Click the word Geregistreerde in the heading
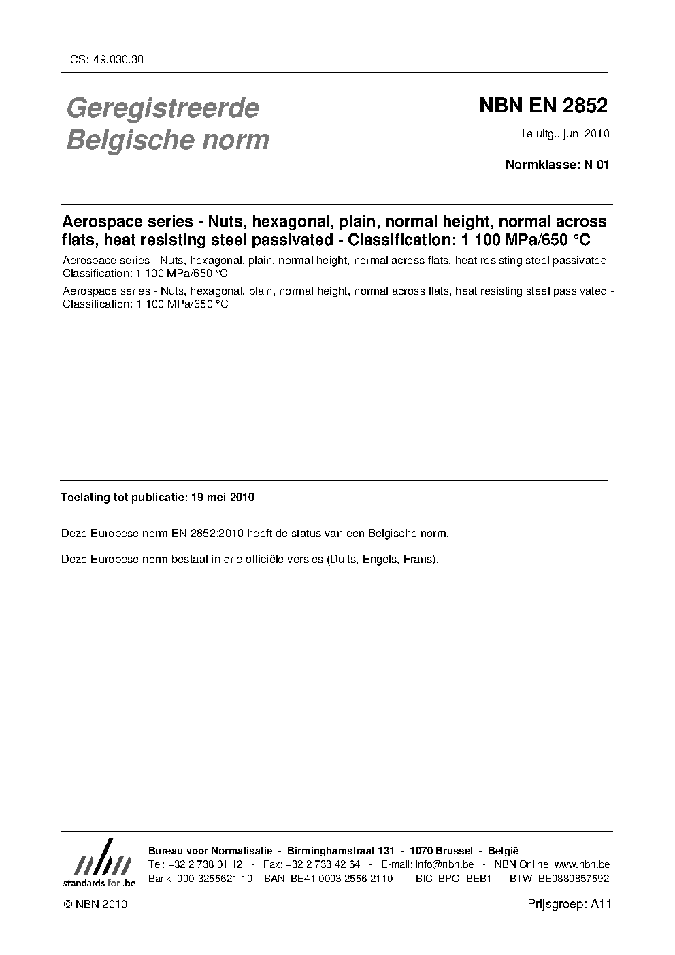(x=162, y=108)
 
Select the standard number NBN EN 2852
(x=543, y=106)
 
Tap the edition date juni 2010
(x=585, y=133)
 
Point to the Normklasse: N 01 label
(x=557, y=164)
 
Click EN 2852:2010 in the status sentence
(x=203, y=533)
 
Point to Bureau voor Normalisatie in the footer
(x=210, y=851)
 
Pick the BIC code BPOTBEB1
(x=465, y=879)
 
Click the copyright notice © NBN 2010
(x=95, y=905)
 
